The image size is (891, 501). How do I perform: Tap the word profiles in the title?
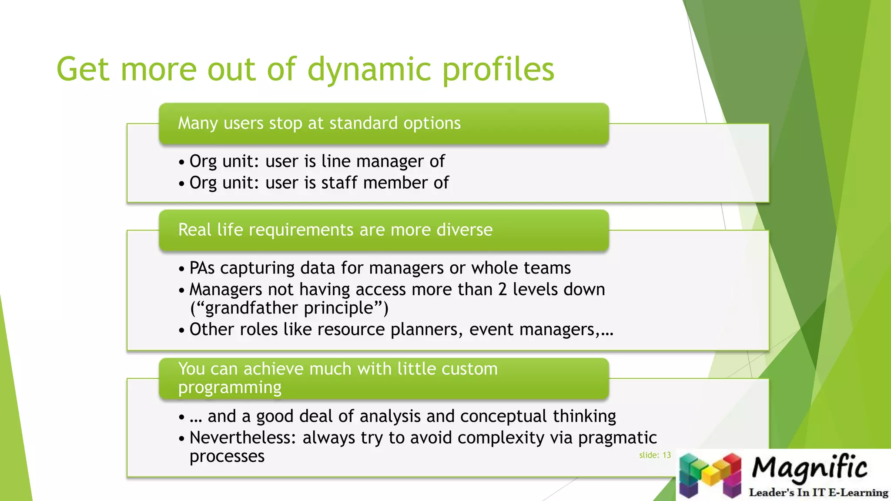coord(498,70)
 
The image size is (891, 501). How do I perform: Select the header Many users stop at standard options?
coord(319,124)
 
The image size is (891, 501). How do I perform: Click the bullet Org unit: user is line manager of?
coord(317,161)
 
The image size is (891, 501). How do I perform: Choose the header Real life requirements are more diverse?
coord(335,230)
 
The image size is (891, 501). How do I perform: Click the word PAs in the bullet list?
coord(202,268)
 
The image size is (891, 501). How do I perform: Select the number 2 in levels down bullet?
coord(502,290)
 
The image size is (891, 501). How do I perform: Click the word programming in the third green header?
coord(230,387)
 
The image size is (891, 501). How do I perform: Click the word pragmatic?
coord(617,438)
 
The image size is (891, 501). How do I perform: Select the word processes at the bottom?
coord(227,457)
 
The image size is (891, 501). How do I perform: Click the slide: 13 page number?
coord(655,455)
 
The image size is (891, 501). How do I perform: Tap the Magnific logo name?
coord(809,468)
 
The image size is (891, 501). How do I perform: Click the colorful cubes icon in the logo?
coord(710,475)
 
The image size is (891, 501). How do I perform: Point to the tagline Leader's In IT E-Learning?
coord(818,493)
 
